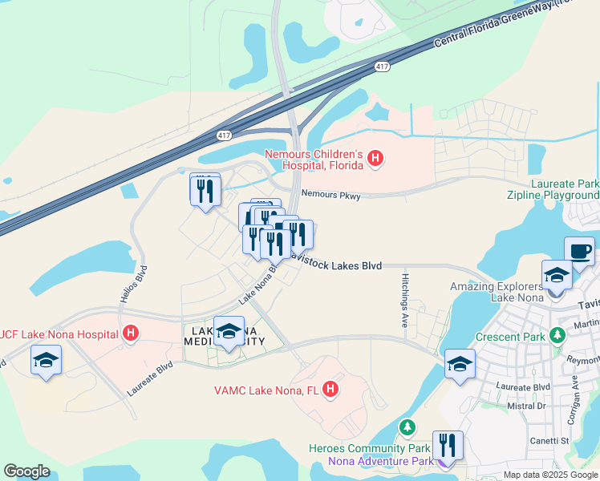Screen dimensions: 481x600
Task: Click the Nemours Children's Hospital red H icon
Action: point(375,160)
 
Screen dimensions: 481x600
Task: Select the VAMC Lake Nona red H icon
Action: point(330,390)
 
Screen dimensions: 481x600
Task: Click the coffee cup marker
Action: point(579,252)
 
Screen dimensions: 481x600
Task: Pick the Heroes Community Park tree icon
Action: point(408,426)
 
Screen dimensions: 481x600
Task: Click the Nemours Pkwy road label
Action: point(330,195)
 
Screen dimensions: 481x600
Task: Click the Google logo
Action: point(26,471)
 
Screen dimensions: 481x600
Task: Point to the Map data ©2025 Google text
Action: point(549,475)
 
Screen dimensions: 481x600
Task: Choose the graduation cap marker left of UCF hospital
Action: point(47,360)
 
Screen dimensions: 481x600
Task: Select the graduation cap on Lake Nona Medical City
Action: point(229,331)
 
